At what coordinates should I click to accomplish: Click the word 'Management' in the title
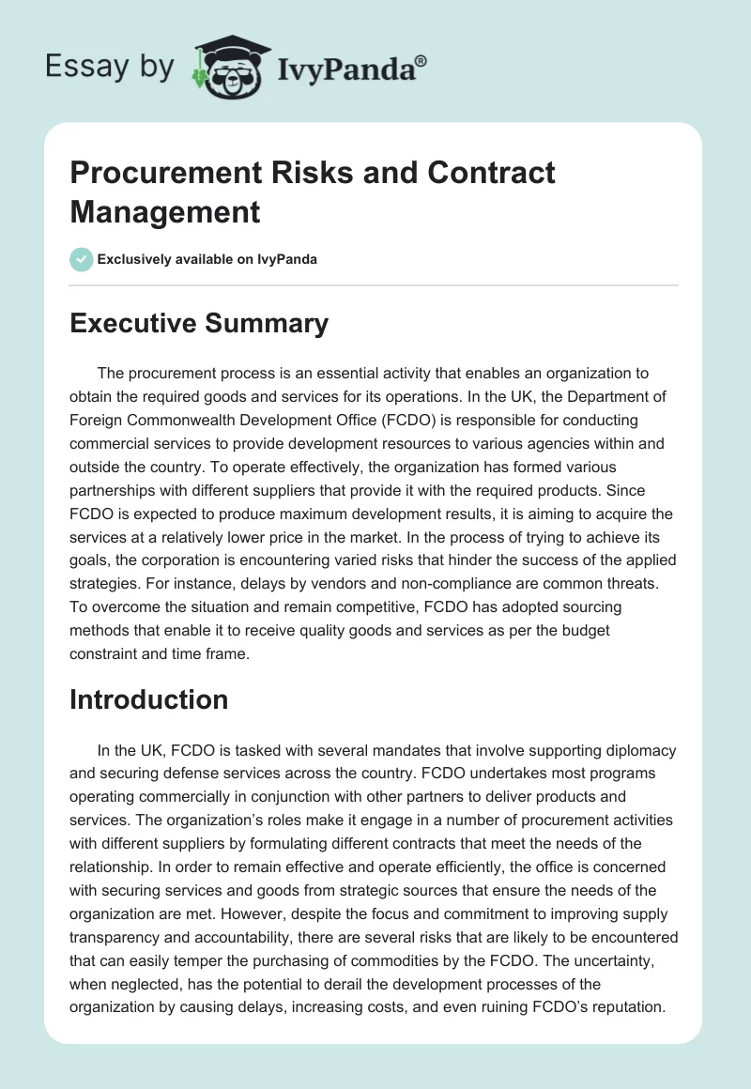click(165, 212)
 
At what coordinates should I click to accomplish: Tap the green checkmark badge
click(82, 259)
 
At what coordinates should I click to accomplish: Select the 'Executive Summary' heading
click(199, 324)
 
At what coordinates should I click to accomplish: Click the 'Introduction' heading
click(149, 699)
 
